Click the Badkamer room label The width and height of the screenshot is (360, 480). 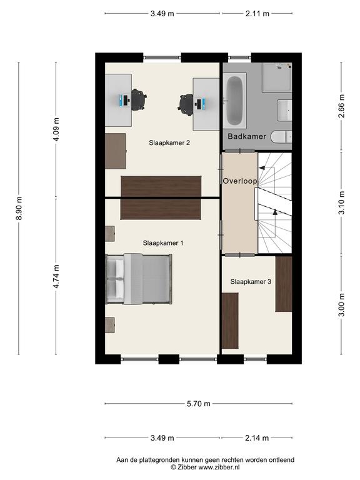(247, 136)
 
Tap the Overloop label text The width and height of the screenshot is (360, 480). (240, 181)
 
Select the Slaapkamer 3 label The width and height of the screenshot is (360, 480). (251, 281)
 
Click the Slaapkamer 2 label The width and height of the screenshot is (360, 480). (169, 142)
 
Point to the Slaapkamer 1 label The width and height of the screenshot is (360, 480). (163, 243)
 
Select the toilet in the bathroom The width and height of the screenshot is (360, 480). (282, 136)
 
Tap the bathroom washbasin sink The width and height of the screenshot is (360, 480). (284, 110)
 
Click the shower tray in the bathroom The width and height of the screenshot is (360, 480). (277, 77)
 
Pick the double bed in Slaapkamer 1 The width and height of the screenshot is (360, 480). (139, 279)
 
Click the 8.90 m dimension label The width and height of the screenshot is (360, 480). (19, 208)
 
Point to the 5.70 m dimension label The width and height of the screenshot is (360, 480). (199, 404)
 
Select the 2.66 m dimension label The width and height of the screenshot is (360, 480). (342, 106)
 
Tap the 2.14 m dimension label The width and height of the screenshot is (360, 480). (257, 438)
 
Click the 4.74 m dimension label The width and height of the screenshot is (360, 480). (56, 276)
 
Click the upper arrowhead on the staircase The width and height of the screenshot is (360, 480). (262, 167)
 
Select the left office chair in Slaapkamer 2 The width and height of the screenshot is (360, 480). (138, 99)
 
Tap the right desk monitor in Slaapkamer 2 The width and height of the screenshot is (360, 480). (199, 104)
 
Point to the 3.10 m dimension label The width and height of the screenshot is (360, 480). (342, 202)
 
